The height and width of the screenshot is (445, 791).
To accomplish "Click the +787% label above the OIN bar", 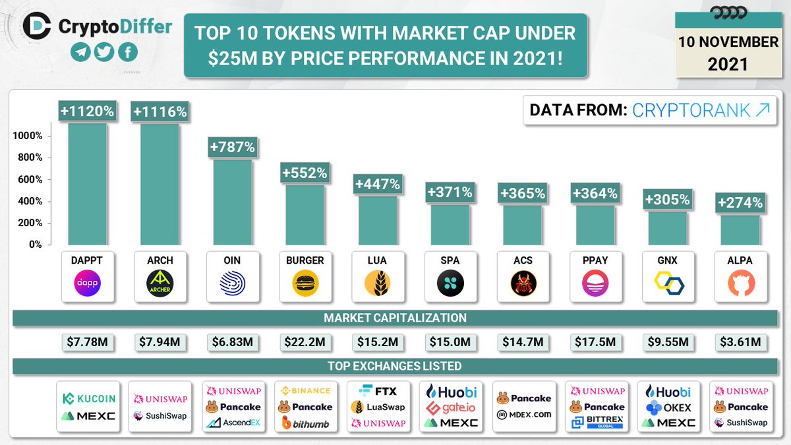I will click(x=232, y=147).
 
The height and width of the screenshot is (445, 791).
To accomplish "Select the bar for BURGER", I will click(x=305, y=214).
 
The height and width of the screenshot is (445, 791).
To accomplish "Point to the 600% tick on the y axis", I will click(x=28, y=179).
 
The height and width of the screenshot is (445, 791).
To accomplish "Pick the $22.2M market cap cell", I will click(x=305, y=342).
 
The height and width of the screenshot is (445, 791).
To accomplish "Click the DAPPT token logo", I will click(x=88, y=285).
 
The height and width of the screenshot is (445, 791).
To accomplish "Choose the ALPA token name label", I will click(x=740, y=260).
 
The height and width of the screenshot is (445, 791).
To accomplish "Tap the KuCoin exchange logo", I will click(x=88, y=398).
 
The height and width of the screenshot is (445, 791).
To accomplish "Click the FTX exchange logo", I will click(x=377, y=390).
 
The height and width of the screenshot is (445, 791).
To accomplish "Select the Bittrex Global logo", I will click(x=595, y=422).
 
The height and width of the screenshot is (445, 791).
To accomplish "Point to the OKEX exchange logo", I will click(x=668, y=407).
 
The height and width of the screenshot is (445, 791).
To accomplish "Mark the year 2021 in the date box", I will click(x=728, y=64).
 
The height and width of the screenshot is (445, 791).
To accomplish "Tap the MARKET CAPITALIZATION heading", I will click(x=395, y=318).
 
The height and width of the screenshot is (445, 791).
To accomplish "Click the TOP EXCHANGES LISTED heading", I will click(x=395, y=366).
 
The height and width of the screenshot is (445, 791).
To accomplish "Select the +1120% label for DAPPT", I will click(x=88, y=111).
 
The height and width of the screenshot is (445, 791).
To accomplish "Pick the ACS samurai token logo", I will click(x=523, y=285).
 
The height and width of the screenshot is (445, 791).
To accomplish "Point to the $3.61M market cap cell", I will click(x=740, y=342).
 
